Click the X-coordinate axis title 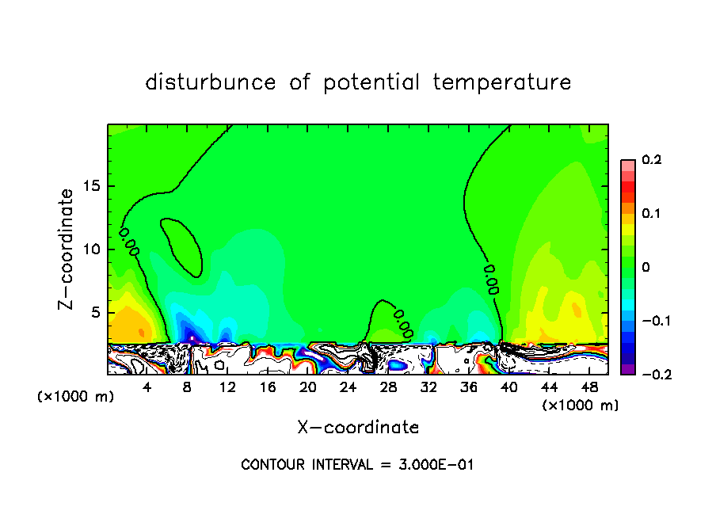click(x=358, y=428)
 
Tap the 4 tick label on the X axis click(x=147, y=387)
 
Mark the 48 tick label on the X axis click(x=589, y=387)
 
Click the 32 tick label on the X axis click(x=428, y=387)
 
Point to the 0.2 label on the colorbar click(x=652, y=160)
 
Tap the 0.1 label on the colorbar click(x=652, y=214)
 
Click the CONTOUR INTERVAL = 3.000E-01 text click(x=357, y=465)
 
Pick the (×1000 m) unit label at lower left click(x=76, y=397)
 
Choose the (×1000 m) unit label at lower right click(x=581, y=406)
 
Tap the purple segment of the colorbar click(x=627, y=368)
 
